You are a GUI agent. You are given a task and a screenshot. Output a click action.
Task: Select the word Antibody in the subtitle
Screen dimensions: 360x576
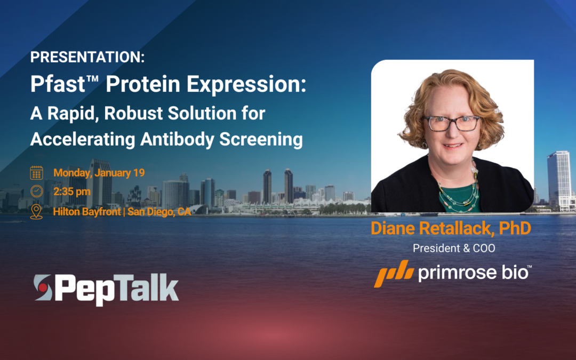pos(170,139)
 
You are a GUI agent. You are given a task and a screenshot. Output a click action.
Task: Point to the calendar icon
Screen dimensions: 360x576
pos(36,173)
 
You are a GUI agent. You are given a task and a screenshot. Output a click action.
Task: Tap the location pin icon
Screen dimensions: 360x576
pos(36,211)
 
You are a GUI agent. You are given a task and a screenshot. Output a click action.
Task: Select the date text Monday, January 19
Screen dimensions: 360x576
pos(99,173)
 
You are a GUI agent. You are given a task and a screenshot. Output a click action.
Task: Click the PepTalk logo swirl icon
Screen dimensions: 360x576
pos(43,288)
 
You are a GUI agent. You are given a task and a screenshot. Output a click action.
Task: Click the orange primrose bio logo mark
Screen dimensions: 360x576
pos(394,274)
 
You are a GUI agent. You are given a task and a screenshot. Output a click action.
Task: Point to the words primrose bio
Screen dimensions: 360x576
pos(472,273)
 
